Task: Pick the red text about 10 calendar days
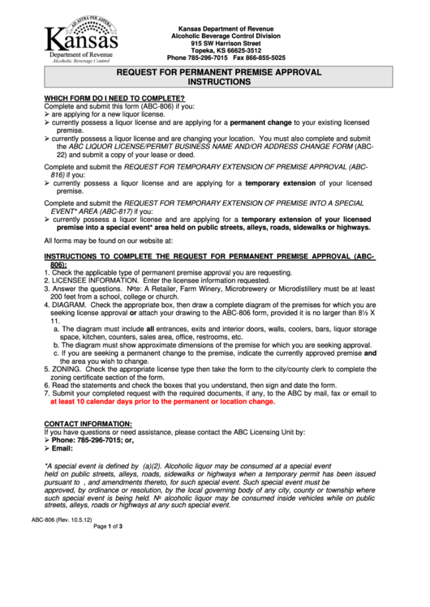pos(162,401)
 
